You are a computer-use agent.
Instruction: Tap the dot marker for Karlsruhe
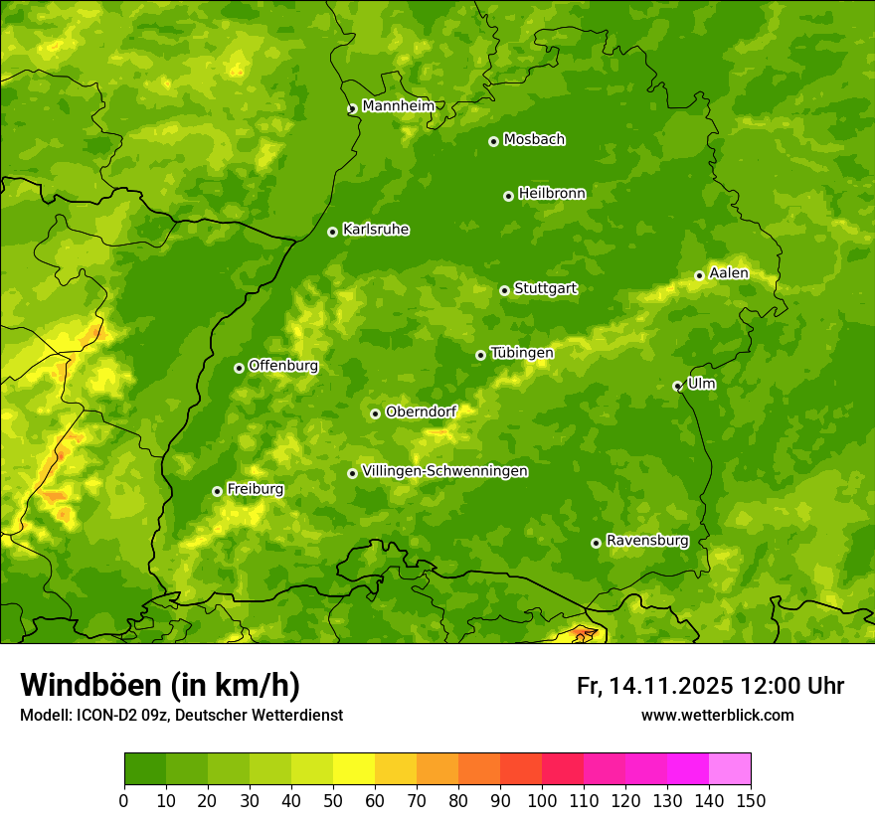pyautogui.click(x=332, y=232)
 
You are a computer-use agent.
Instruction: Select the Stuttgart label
pyautogui.click(x=545, y=289)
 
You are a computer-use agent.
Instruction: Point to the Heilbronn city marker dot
pyautogui.click(x=508, y=196)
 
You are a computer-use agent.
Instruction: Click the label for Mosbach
pyautogui.click(x=534, y=140)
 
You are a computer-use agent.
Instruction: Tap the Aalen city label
pyautogui.click(x=729, y=273)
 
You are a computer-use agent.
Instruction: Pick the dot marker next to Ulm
pyautogui.click(x=677, y=386)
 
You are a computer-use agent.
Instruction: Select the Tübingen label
pyautogui.click(x=522, y=353)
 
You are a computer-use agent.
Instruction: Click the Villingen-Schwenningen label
pyautogui.click(x=444, y=471)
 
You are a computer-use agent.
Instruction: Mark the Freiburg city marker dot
pyautogui.click(x=217, y=491)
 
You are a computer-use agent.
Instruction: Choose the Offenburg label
pyautogui.click(x=283, y=366)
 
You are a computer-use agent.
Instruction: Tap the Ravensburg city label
pyautogui.click(x=647, y=541)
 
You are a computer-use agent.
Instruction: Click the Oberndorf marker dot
pyautogui.click(x=375, y=413)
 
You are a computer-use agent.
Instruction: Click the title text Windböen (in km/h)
pyautogui.click(x=159, y=685)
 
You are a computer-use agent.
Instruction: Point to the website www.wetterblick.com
pyautogui.click(x=717, y=716)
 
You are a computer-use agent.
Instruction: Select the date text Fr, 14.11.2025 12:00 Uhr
pyautogui.click(x=710, y=686)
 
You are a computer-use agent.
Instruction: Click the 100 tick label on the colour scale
pyautogui.click(x=542, y=800)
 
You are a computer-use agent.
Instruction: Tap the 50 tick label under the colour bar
pyautogui.click(x=333, y=800)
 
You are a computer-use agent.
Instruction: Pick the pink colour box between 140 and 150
pyautogui.click(x=730, y=769)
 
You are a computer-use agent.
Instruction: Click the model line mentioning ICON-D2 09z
pyautogui.click(x=181, y=716)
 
